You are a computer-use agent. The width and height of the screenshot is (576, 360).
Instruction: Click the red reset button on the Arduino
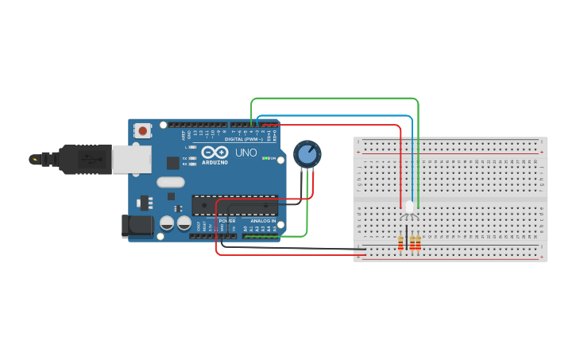[x=142, y=130]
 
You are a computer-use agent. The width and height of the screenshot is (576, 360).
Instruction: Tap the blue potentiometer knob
[x=307, y=153]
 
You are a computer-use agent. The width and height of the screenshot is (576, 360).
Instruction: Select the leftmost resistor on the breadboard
[x=401, y=242]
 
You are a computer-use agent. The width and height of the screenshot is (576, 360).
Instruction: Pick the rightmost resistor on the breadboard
[x=419, y=242]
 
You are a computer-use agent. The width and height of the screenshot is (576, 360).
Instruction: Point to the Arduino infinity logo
[x=215, y=152]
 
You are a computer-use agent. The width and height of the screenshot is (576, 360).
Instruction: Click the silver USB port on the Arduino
[x=131, y=159]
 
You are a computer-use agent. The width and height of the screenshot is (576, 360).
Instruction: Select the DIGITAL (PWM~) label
[x=245, y=139]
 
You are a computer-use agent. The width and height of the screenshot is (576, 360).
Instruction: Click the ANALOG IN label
[x=263, y=220]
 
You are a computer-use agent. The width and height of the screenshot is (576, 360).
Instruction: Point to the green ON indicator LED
[x=274, y=158]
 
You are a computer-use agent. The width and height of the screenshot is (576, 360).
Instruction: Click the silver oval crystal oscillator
[x=170, y=182]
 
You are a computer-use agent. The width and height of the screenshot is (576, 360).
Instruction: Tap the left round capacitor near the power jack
[x=167, y=223]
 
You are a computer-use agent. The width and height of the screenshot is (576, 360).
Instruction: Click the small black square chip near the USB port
[x=172, y=163]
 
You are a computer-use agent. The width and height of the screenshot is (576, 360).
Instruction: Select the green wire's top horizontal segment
[x=334, y=99]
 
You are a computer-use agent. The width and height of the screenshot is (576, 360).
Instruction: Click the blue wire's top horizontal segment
[x=334, y=116]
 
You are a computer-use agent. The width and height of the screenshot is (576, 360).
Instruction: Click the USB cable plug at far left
[x=48, y=159]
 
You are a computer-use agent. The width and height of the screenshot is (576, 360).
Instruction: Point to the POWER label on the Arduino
[x=226, y=220]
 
